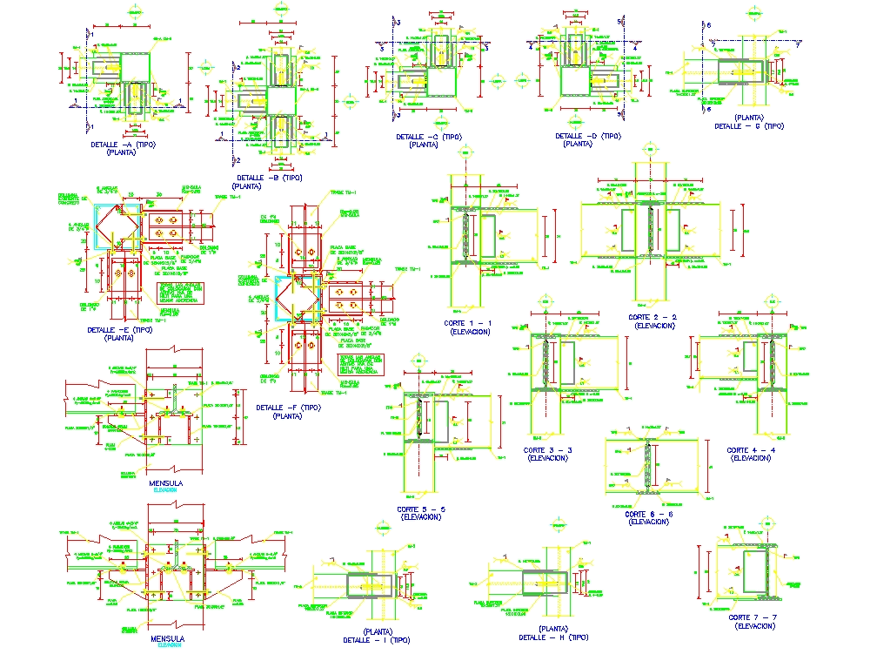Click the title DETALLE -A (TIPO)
pyautogui.click(x=123, y=145)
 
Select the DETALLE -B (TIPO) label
pyautogui.click(x=267, y=178)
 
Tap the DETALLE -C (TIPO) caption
pyautogui.click(x=428, y=137)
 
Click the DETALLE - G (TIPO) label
pyautogui.click(x=748, y=125)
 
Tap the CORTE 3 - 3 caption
pyautogui.click(x=547, y=450)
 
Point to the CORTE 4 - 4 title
pyautogui.click(x=750, y=450)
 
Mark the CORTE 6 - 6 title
pyautogui.click(x=649, y=514)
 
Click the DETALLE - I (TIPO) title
pyautogui.click(x=376, y=640)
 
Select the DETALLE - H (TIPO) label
pyautogui.click(x=552, y=637)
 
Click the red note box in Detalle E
pyautogui.click(x=177, y=294)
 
